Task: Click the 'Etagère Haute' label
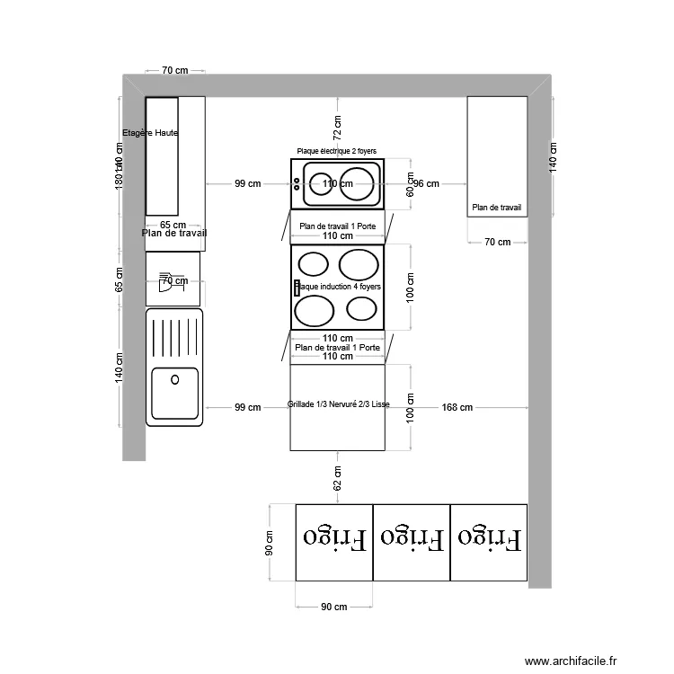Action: coord(150,133)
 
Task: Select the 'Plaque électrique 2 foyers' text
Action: coord(337,152)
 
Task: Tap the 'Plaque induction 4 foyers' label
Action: coord(338,287)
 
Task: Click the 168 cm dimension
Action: coord(457,408)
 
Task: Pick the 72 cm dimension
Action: coord(338,128)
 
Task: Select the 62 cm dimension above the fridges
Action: coord(338,476)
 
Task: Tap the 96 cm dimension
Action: coord(427,184)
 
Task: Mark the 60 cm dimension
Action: coord(410,184)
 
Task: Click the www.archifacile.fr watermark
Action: coord(572,661)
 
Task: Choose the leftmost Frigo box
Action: coord(334,541)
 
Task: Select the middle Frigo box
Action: coord(412,541)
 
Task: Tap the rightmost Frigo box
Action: coord(489,541)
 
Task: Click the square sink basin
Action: coord(175,393)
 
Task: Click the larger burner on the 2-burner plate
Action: coord(355,185)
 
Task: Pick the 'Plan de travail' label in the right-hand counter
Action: coord(497,208)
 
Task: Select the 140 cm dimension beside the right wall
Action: coord(554,157)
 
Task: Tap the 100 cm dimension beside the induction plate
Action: coord(410,286)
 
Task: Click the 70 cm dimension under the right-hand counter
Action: coord(497,242)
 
